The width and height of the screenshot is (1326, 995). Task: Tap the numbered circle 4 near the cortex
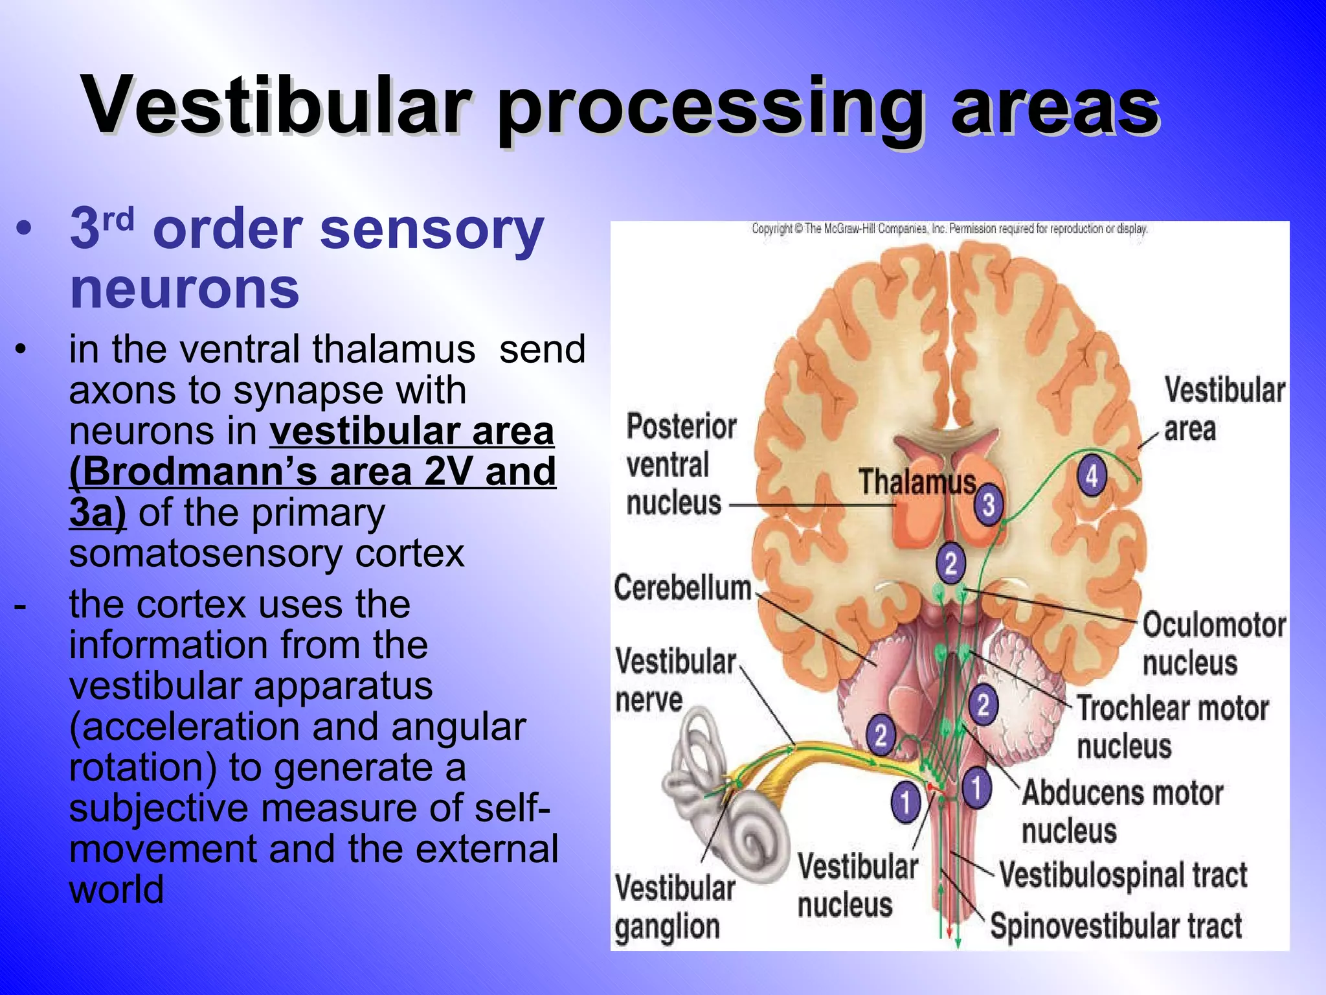click(1092, 476)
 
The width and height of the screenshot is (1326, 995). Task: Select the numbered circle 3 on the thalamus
click(988, 505)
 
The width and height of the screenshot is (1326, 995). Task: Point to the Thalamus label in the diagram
click(917, 482)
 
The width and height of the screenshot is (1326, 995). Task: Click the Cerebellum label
click(682, 588)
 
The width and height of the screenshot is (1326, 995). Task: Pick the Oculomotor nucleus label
click(1213, 643)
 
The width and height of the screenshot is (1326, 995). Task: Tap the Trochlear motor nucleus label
click(1172, 726)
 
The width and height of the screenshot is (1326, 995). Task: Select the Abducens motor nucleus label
click(1122, 811)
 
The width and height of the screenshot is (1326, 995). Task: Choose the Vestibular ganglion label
click(674, 907)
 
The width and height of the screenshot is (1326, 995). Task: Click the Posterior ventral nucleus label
click(680, 464)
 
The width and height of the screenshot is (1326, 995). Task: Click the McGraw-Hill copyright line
click(949, 229)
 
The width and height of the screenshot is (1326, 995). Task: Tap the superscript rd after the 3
click(118, 219)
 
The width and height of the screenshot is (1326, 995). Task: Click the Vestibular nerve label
click(674, 680)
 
